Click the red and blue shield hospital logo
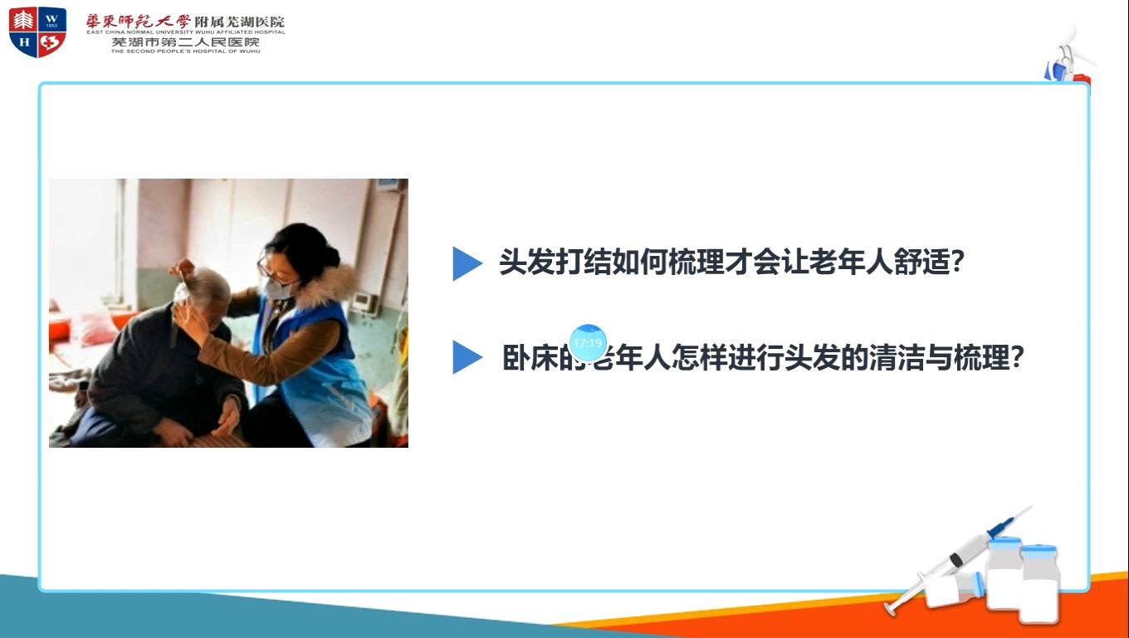[37, 32]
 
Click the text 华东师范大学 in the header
[138, 21]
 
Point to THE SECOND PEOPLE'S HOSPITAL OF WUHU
[185, 51]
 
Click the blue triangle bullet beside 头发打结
[466, 264]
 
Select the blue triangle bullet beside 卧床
[466, 358]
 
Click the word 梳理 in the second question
[981, 358]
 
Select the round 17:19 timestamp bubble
[588, 343]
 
